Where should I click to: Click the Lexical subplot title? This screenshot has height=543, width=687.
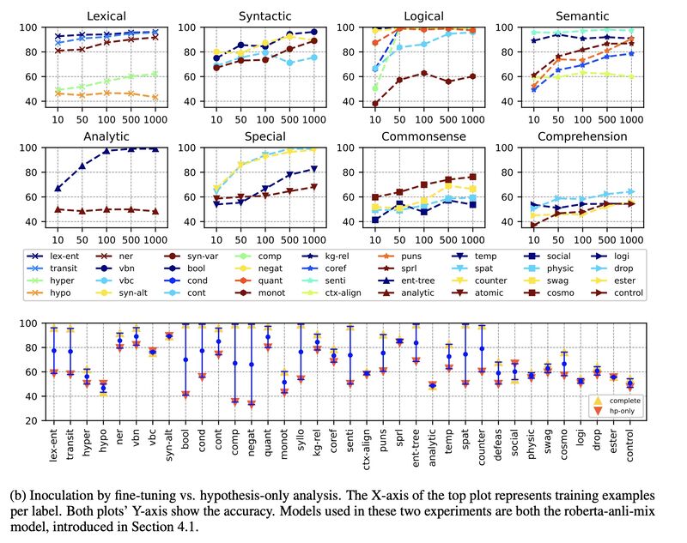[94, 15]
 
